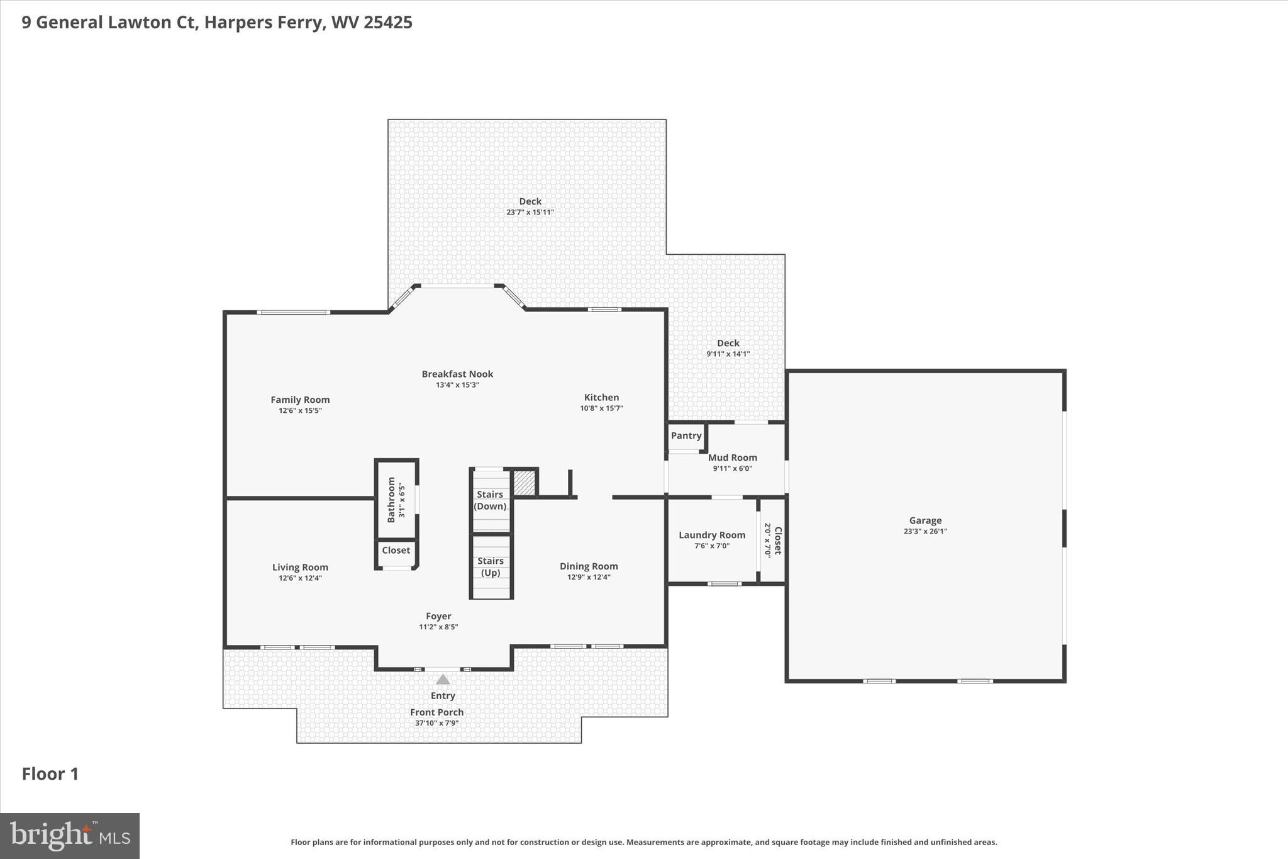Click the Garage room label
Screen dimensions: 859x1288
[x=925, y=520]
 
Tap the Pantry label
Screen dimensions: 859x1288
[x=686, y=435]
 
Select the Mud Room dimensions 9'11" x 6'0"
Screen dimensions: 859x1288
[x=732, y=468]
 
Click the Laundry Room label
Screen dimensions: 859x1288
[x=711, y=535]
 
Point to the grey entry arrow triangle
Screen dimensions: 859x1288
[x=443, y=680]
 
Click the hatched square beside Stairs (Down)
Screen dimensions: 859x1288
[x=524, y=483]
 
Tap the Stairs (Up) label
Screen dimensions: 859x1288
[x=490, y=566]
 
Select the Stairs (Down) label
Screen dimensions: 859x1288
[x=490, y=500]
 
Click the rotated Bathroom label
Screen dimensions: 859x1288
[x=391, y=500]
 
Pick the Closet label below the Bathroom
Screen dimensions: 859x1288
[x=396, y=550]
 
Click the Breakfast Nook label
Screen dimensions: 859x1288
[x=457, y=374]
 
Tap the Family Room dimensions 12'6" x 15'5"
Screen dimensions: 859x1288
[x=300, y=410]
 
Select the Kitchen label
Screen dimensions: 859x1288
[x=601, y=397]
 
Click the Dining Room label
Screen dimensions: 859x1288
[x=589, y=566]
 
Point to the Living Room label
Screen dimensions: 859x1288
[x=300, y=567]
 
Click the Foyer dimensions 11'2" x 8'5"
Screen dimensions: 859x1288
[x=438, y=627]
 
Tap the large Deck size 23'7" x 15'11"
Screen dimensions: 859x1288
[x=530, y=212]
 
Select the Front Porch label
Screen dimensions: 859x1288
[x=436, y=712]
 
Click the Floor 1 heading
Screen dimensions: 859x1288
[x=50, y=774]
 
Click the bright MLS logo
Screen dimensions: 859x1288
[x=69, y=836]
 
